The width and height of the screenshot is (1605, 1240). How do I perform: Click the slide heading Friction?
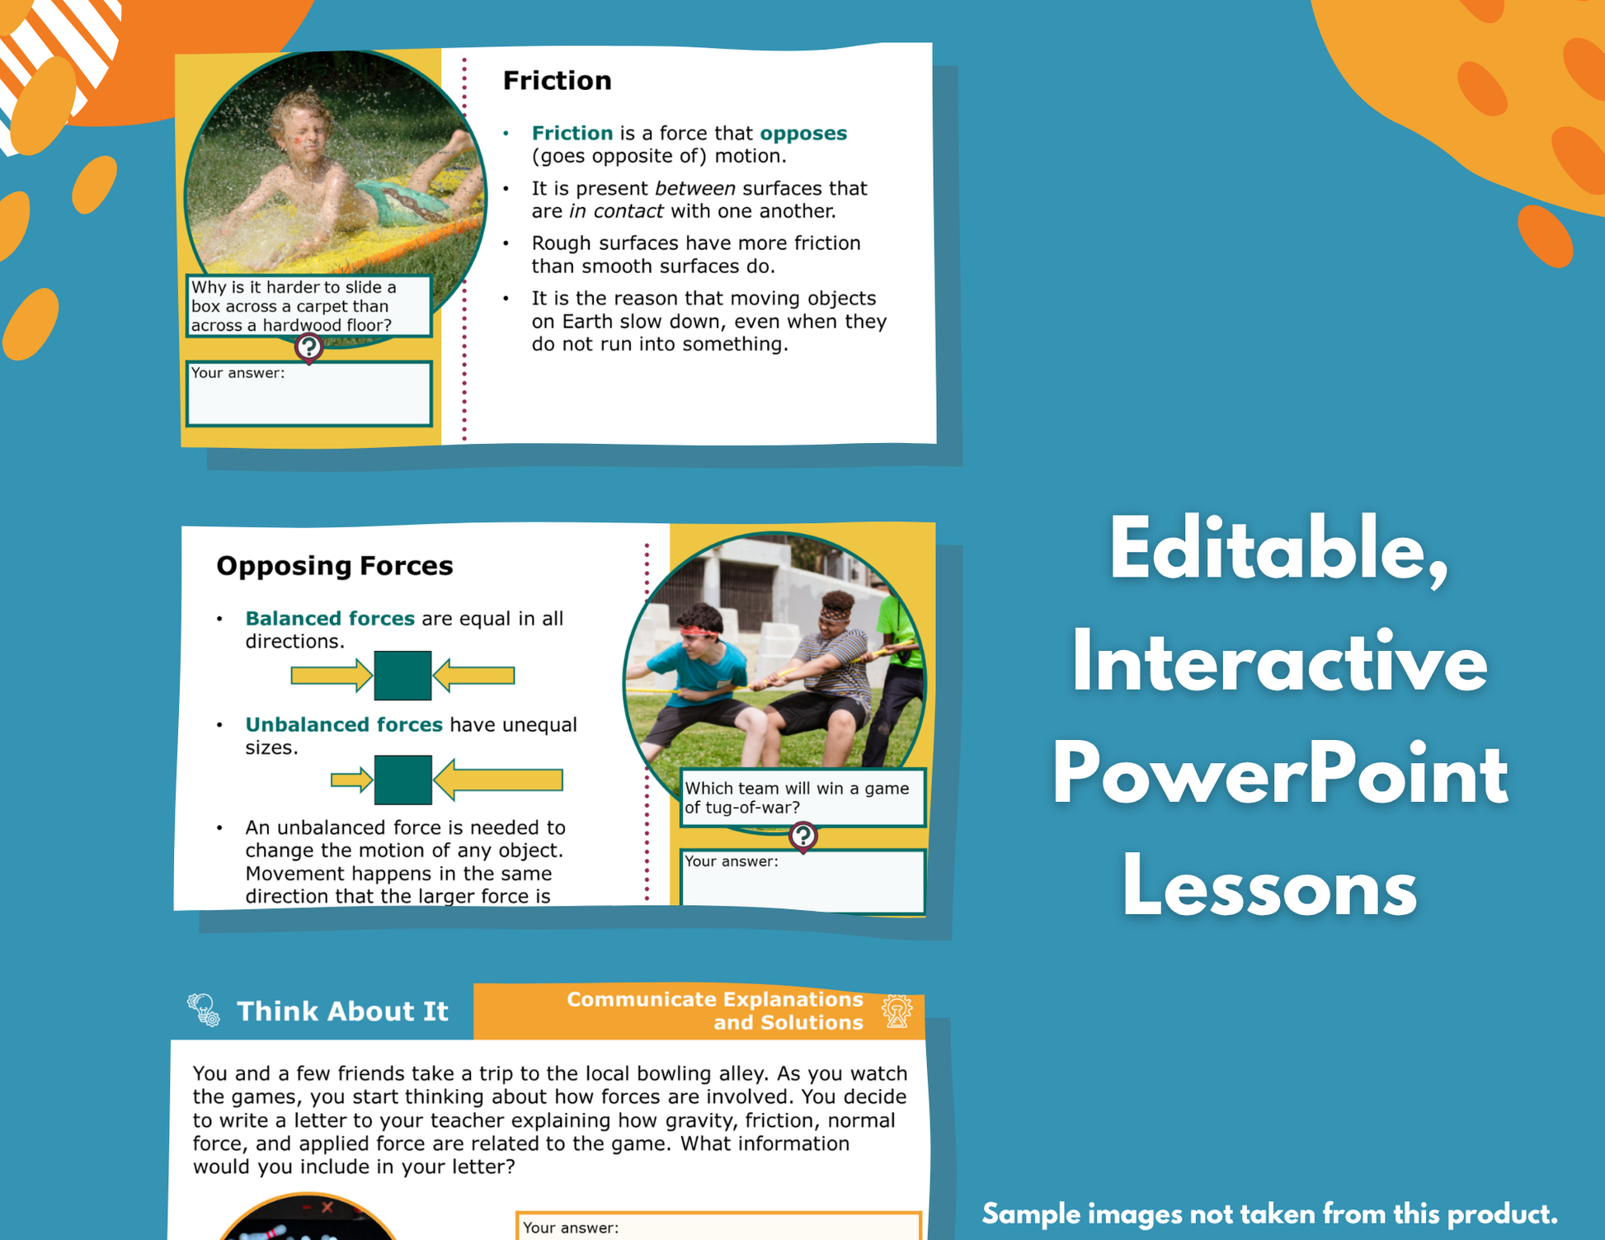click(557, 80)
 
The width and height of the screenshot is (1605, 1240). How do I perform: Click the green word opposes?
click(802, 134)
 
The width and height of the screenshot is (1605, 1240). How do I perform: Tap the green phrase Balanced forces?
click(330, 618)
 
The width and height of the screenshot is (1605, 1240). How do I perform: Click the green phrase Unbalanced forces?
click(344, 724)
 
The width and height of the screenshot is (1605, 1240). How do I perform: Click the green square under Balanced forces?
click(402, 676)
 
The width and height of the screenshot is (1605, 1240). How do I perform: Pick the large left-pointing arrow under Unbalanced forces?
click(498, 780)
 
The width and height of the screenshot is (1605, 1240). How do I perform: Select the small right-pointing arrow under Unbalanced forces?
click(351, 780)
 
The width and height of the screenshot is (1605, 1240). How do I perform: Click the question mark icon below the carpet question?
click(308, 347)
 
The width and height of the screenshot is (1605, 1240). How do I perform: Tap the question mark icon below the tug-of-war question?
click(802, 837)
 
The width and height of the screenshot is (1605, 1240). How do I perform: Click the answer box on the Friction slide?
click(309, 394)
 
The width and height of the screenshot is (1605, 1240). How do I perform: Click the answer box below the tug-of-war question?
click(802, 881)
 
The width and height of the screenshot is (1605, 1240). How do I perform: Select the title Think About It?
click(342, 1011)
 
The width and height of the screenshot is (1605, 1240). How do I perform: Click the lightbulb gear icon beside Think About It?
click(203, 1009)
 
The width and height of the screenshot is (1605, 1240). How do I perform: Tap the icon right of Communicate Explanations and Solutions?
click(897, 1011)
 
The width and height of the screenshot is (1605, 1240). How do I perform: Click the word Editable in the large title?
click(1279, 550)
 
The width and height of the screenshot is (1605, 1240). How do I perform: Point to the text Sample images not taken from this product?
click(1269, 1214)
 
